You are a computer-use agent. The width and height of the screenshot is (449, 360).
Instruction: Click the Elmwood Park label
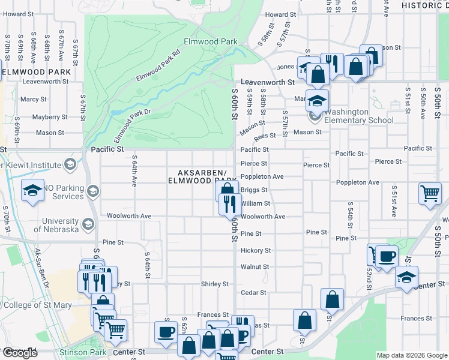click(x=209, y=42)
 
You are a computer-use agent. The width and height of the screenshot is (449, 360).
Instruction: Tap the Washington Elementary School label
click(x=359, y=116)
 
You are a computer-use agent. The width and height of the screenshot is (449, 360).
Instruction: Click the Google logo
click(x=20, y=353)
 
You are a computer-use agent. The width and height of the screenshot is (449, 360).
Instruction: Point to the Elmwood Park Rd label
click(x=158, y=65)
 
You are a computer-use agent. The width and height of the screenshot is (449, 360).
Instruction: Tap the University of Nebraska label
click(x=56, y=225)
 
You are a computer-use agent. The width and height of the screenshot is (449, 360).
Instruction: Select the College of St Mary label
click(x=36, y=305)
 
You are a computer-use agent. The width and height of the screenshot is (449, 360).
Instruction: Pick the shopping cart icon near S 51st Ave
click(x=430, y=193)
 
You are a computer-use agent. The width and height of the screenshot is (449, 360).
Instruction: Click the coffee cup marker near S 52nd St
click(x=387, y=256)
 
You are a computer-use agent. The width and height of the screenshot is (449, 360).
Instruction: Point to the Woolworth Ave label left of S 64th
click(x=129, y=215)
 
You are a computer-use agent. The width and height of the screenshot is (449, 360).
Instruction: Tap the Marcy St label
click(x=34, y=99)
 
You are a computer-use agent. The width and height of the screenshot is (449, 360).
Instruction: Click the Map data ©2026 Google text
click(x=411, y=355)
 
